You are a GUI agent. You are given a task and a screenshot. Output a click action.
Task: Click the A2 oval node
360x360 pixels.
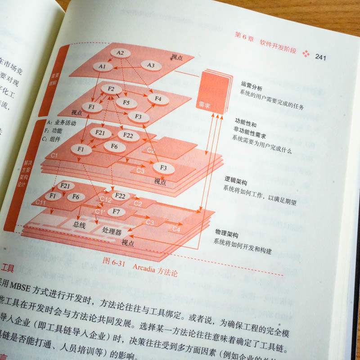coord(120,53)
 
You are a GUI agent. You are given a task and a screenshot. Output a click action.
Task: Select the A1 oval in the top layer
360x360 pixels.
coord(103,67)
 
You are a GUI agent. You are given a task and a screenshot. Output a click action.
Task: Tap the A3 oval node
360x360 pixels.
coord(151,66)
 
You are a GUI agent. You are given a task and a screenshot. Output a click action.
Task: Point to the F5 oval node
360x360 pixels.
coord(126,103)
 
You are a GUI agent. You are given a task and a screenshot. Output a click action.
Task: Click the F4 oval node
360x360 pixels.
coord(158,99)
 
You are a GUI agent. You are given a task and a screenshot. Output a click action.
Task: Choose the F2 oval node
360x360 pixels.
coord(111,89)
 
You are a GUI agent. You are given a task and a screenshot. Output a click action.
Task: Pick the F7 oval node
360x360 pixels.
coord(116,211)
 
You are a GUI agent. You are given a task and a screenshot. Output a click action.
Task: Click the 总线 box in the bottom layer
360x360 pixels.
coord(80,225)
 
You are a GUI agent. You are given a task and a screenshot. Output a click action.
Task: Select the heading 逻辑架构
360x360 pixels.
coord(235,179)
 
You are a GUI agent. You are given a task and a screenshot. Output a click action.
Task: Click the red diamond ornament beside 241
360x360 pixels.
coord(306,54)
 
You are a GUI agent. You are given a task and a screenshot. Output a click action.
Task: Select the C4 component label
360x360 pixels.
coord(177,230)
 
